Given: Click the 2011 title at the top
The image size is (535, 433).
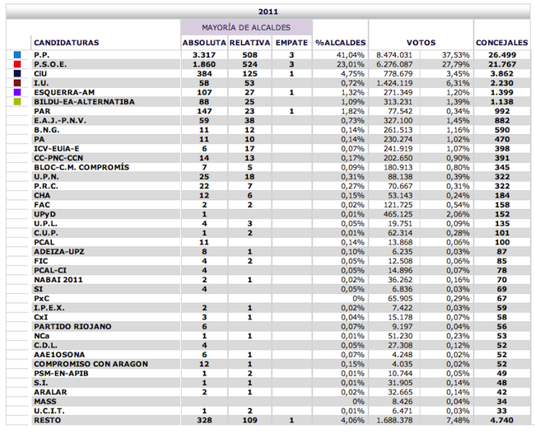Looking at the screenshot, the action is pyautogui.click(x=268, y=12).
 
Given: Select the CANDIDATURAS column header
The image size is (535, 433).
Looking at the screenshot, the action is pyautogui.click(x=67, y=43).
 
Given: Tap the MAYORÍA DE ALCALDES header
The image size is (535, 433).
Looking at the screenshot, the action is pyautogui.click(x=246, y=28).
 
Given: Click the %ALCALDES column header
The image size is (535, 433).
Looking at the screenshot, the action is pyautogui.click(x=341, y=43).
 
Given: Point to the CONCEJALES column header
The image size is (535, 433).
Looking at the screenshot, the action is pyautogui.click(x=502, y=43).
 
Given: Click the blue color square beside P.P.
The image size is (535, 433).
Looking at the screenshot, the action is pyautogui.click(x=17, y=55).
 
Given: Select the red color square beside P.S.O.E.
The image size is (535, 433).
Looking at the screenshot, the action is pyautogui.click(x=17, y=64).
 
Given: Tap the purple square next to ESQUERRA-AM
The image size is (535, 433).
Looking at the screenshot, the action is pyautogui.click(x=17, y=92).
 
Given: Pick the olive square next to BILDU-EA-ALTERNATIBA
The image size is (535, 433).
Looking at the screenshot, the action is pyautogui.click(x=17, y=102).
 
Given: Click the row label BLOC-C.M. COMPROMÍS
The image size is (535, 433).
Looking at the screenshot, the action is pyautogui.click(x=81, y=167).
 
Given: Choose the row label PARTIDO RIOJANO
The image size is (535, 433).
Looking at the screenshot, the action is pyautogui.click(x=72, y=327).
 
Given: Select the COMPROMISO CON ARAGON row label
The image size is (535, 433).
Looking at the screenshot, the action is pyautogui.click(x=91, y=364).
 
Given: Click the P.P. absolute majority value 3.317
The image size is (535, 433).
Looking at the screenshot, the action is pyautogui.click(x=204, y=55).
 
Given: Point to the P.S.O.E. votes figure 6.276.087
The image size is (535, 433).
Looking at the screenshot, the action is pyautogui.click(x=394, y=64).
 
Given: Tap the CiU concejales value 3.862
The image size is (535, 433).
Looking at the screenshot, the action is pyautogui.click(x=501, y=74).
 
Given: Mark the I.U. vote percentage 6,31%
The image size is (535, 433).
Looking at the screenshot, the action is pyautogui.click(x=458, y=83).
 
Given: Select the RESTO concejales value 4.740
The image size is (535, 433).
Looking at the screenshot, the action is pyautogui.click(x=501, y=421).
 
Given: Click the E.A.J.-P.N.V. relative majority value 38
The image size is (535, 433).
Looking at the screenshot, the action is pyautogui.click(x=249, y=120).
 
